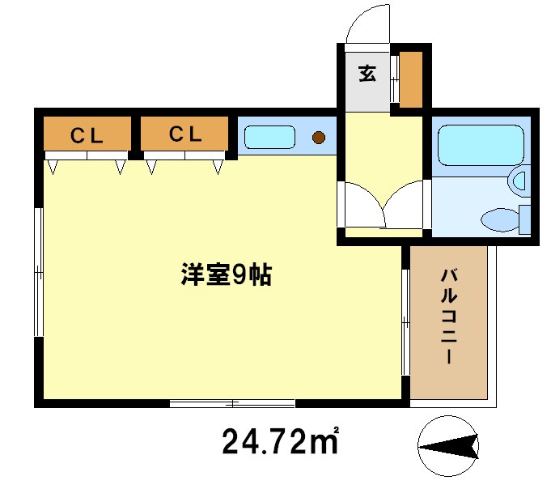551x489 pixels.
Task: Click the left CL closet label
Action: (86, 135)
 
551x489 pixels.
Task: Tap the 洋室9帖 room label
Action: (225, 276)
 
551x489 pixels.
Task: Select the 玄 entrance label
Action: (367, 74)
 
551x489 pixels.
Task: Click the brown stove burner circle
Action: (319, 137)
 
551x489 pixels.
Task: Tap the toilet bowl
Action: (498, 218)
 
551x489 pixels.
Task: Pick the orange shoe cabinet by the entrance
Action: (411, 79)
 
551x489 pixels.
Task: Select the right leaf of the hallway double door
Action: (405, 207)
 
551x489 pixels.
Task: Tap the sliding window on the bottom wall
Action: (232, 402)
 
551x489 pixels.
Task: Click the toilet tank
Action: (524, 219)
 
